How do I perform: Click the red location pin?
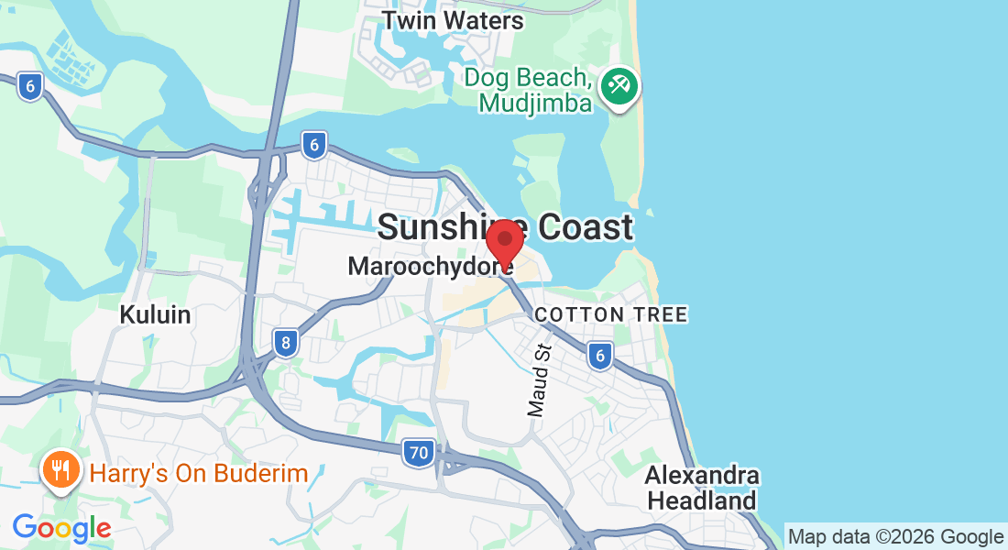504,242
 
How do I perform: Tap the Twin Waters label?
453,20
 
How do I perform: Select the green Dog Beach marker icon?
619,88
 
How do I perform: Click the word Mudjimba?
535,104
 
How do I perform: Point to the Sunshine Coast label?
505,226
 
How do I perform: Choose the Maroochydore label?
430,267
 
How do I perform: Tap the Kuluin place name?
155,315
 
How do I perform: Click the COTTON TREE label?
610,315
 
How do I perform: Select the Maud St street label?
539,379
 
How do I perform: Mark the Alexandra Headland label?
702,489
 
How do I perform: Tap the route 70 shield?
419,452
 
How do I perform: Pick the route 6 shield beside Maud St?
600,356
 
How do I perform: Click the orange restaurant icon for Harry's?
60,471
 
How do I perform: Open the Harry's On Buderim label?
198,474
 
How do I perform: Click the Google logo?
61,528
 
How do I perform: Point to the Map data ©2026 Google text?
895,537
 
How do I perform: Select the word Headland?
702,501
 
